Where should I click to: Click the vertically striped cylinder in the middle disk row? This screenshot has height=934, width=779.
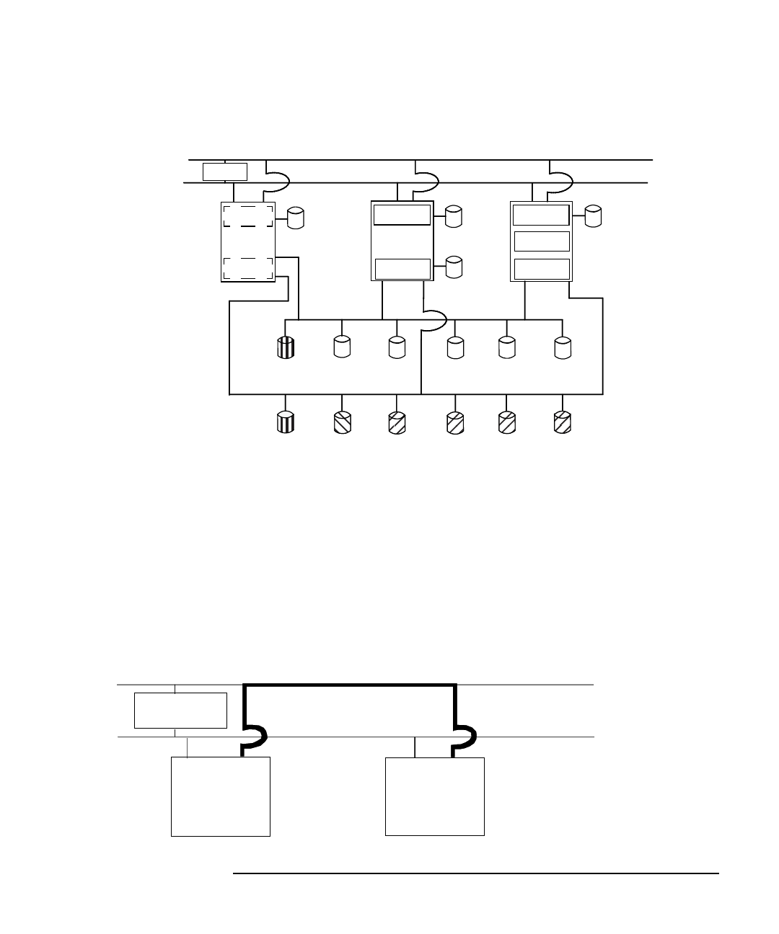286,348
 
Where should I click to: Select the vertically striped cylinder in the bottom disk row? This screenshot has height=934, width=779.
286,423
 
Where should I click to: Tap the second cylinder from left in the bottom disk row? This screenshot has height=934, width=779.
342,423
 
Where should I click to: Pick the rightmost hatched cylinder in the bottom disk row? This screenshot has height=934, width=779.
562,423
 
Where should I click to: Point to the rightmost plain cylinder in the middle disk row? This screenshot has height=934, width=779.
563,348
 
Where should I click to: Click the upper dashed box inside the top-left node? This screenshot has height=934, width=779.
247,215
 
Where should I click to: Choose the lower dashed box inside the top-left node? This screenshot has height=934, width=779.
247,267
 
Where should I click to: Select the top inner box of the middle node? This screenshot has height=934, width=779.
402,215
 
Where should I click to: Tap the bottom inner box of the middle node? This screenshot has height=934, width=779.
402,269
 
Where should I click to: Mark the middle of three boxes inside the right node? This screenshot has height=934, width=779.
542,241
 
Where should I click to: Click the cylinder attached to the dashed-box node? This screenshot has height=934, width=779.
296,218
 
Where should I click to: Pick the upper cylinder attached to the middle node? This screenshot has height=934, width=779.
454,217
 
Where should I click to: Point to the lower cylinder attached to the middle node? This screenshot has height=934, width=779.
454,267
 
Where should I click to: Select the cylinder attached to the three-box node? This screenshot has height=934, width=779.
593,216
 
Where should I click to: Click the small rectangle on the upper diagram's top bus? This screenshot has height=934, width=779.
225,172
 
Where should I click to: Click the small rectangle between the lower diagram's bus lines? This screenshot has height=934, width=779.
180,711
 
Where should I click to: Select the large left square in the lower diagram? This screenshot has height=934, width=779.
221,796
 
